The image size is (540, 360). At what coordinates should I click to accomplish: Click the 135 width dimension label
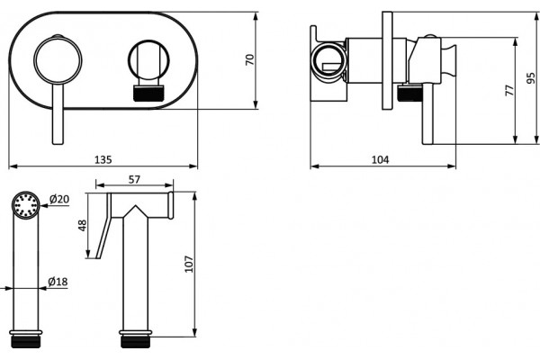coord(103,160)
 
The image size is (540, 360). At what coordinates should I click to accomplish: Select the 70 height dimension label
coord(249,60)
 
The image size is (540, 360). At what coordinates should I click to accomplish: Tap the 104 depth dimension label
coord(380,160)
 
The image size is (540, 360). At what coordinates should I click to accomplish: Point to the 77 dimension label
coord(509,90)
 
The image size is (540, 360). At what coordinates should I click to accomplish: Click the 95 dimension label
coord(531,78)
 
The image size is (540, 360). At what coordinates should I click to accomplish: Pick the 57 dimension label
coord(134,179)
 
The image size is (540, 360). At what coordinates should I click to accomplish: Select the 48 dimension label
coord(82,225)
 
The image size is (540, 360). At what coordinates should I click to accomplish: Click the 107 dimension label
coord(189,264)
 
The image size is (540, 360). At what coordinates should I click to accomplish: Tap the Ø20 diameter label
coord(58,199)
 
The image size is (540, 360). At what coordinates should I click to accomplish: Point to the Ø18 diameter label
coord(58,282)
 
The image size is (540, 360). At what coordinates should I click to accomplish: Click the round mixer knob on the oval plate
coord(58,60)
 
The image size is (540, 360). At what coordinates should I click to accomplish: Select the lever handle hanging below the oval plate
coord(58,113)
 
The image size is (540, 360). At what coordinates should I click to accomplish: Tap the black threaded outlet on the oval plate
coord(148,94)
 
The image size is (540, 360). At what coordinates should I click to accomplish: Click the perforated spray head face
coord(26,205)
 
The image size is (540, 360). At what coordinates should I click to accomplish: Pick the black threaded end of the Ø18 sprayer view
coord(26,342)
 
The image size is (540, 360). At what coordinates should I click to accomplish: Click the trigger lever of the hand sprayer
coord(103,226)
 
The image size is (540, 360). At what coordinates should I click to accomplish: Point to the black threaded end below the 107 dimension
coord(135,342)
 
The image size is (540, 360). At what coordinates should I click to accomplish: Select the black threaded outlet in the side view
coord(409,94)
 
